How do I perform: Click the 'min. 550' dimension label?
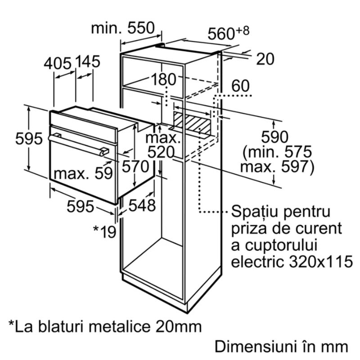(123, 28)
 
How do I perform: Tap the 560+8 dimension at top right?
(229, 33)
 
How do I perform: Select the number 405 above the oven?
(58, 63)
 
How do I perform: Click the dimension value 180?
(164, 80)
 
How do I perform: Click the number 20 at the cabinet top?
(265, 59)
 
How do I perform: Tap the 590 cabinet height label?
(274, 137)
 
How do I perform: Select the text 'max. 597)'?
(277, 166)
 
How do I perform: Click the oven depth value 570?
(135, 166)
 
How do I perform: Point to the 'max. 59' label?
(83, 173)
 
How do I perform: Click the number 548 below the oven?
(142, 205)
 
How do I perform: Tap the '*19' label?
(104, 231)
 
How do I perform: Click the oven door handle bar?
(78, 144)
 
